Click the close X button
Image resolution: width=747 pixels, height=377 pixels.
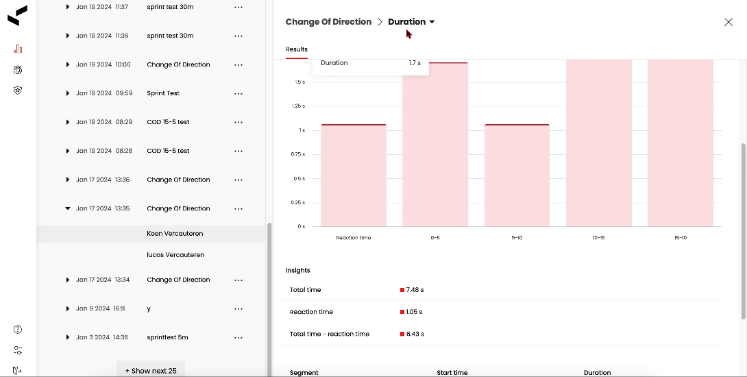click(x=728, y=22)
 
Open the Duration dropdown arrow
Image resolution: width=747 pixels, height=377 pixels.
click(x=432, y=22)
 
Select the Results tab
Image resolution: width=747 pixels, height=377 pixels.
click(x=297, y=49)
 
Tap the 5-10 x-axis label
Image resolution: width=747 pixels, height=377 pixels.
click(x=517, y=238)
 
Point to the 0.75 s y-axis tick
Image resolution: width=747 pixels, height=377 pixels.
click(x=298, y=154)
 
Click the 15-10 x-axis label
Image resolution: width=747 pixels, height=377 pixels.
click(x=680, y=238)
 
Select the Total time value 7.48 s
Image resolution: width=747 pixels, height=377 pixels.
click(x=415, y=290)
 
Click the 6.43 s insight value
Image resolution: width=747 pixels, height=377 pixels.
click(x=415, y=334)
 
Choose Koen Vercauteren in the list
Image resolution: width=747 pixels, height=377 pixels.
click(x=175, y=234)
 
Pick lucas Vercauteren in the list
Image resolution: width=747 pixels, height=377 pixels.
click(x=175, y=255)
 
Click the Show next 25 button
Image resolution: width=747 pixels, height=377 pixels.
click(x=151, y=371)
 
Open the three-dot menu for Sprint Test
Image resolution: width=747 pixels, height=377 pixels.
click(x=238, y=93)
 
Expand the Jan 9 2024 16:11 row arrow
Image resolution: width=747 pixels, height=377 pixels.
click(x=68, y=308)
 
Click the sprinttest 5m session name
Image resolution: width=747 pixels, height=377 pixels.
click(x=167, y=337)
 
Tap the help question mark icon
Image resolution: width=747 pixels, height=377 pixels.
click(x=18, y=330)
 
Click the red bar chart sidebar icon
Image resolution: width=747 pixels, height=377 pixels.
click(x=18, y=49)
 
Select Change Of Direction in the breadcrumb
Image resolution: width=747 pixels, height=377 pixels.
click(x=328, y=22)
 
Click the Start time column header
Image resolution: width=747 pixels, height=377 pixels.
click(x=452, y=373)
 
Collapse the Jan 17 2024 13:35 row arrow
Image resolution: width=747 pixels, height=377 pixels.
click(x=68, y=208)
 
